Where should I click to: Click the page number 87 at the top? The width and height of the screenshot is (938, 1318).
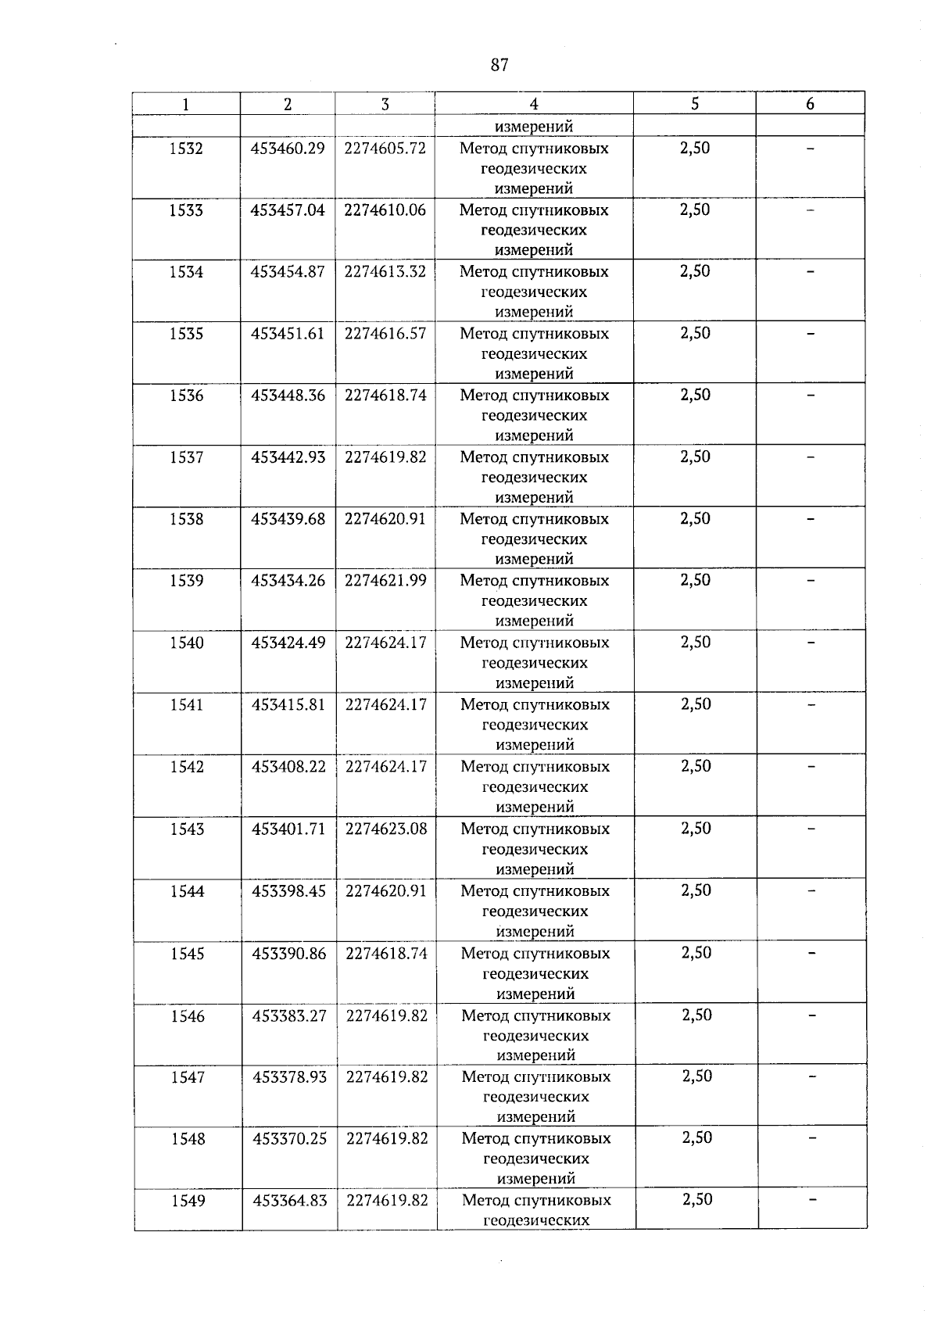point(499,65)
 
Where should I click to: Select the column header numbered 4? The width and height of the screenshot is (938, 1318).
point(533,104)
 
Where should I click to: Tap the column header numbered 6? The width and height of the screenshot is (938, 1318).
point(810,104)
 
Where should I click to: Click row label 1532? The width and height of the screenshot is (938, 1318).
point(186,149)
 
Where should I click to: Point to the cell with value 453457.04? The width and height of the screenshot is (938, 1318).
point(288,210)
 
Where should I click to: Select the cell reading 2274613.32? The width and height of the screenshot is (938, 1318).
point(385,272)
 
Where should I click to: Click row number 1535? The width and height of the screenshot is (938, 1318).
point(186,334)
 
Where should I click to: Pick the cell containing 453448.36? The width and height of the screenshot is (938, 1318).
point(288,396)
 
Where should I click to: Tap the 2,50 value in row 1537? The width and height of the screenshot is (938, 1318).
point(695,457)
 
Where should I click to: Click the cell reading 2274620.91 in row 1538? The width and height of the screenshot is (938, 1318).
point(385,519)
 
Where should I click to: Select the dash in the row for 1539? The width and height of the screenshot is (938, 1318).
point(811,581)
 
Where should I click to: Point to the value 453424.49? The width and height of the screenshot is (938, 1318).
point(288,643)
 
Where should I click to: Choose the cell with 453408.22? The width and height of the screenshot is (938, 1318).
point(288,767)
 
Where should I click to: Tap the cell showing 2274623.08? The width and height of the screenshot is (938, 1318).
point(386,829)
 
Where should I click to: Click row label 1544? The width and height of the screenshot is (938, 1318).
point(187,891)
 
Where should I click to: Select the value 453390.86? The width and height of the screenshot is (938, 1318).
point(289,954)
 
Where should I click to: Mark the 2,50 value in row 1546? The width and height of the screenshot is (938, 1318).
point(696,1015)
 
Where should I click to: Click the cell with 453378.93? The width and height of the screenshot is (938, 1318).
point(289,1077)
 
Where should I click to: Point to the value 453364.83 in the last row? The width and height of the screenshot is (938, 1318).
point(290,1200)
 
